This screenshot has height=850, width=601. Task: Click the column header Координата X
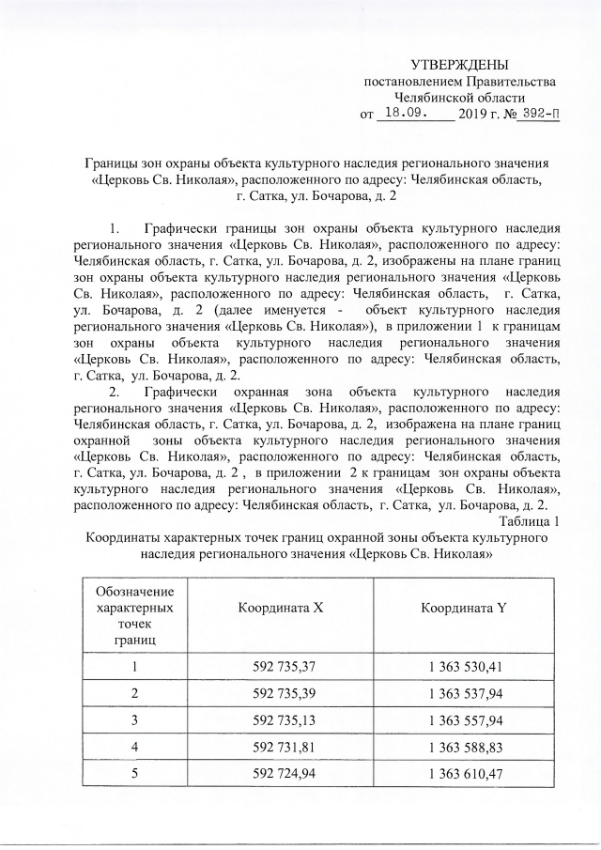280,608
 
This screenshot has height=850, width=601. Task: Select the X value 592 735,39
284,694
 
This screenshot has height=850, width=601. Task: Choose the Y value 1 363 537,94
467,694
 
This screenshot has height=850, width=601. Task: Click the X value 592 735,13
284,721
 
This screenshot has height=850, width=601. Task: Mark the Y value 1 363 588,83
467,749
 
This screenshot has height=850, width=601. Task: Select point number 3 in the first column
134,721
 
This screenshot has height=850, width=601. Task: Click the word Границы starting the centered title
111,163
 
